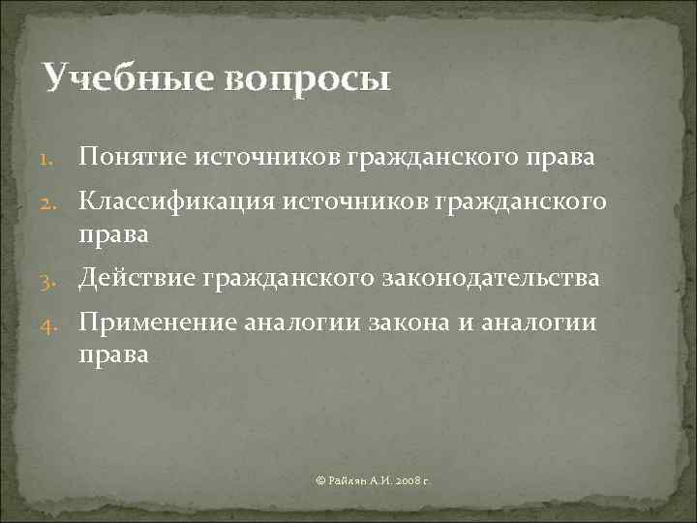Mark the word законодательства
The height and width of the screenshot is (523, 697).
495,279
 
